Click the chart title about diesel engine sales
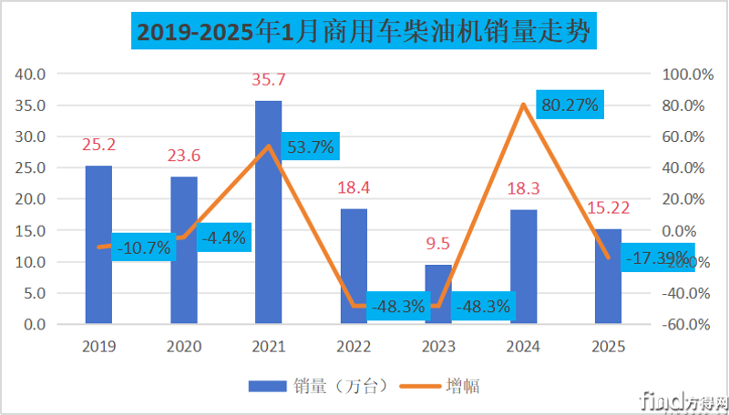(364, 33)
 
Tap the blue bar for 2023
(438, 293)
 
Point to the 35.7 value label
(268, 80)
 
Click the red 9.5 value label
(438, 243)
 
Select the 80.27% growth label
(569, 105)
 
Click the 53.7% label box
(311, 146)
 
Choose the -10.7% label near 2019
(143, 247)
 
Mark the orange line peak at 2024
(523, 105)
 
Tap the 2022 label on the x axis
(354, 347)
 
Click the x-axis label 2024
(523, 347)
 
